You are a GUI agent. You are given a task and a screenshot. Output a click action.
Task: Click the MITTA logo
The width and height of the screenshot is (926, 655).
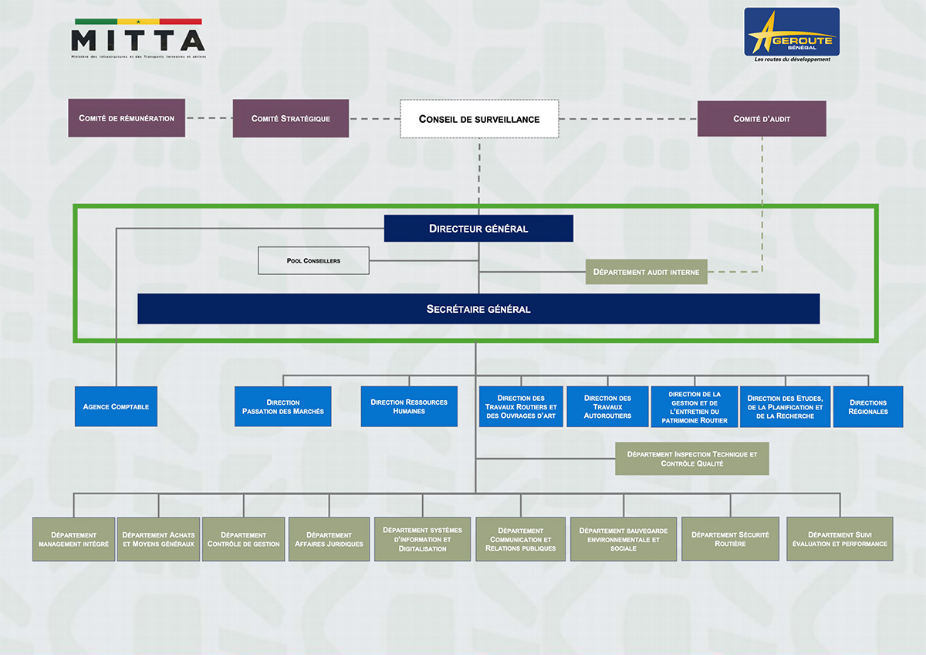tap(137, 39)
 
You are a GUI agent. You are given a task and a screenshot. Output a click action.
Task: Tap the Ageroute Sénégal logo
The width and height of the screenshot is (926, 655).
tap(792, 34)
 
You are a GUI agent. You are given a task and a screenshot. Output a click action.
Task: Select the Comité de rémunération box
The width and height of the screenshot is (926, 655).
tap(127, 118)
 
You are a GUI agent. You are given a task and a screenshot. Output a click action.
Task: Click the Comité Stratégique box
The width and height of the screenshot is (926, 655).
tap(291, 118)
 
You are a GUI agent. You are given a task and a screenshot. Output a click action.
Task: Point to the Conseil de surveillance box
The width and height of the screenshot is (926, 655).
tap(479, 119)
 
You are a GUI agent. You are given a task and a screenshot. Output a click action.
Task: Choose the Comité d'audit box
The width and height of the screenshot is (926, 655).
tap(762, 118)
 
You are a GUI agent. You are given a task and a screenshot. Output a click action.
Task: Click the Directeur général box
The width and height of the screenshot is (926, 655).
tap(478, 229)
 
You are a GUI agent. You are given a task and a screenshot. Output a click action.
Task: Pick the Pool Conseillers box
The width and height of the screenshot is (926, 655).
tap(313, 260)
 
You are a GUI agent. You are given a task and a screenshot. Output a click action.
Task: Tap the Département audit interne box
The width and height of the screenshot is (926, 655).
tap(646, 272)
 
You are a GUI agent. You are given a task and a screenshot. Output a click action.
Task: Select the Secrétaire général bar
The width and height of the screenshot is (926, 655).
tap(478, 309)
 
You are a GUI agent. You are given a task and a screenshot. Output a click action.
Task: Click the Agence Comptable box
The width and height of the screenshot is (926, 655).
tap(116, 406)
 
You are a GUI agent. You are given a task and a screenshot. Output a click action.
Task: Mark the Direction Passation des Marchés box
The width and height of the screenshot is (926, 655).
tap(283, 407)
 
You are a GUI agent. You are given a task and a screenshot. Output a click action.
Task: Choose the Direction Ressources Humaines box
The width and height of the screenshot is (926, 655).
tap(409, 406)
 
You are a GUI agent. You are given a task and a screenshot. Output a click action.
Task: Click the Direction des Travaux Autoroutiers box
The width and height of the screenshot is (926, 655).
tap(607, 407)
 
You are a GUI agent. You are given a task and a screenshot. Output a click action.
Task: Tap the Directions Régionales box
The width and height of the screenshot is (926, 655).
tap(868, 407)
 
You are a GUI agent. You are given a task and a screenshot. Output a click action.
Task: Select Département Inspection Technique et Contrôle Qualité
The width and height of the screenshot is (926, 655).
tap(692, 459)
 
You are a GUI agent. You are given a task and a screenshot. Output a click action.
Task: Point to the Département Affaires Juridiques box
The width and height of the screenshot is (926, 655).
tap(329, 539)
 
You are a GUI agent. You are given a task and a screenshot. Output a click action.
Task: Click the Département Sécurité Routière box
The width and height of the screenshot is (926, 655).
tap(729, 539)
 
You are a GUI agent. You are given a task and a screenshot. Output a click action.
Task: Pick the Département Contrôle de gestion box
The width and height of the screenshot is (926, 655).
tap(244, 539)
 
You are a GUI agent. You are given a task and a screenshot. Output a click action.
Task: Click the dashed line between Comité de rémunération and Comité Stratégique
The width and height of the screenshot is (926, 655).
tap(209, 118)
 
